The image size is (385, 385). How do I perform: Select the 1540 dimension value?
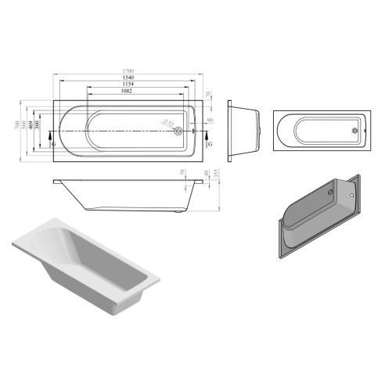pyautogui.click(x=126, y=78)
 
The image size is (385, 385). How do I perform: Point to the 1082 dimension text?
pyautogui.click(x=126, y=92)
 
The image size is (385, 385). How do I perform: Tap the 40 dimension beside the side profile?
pyautogui.click(x=205, y=173)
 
